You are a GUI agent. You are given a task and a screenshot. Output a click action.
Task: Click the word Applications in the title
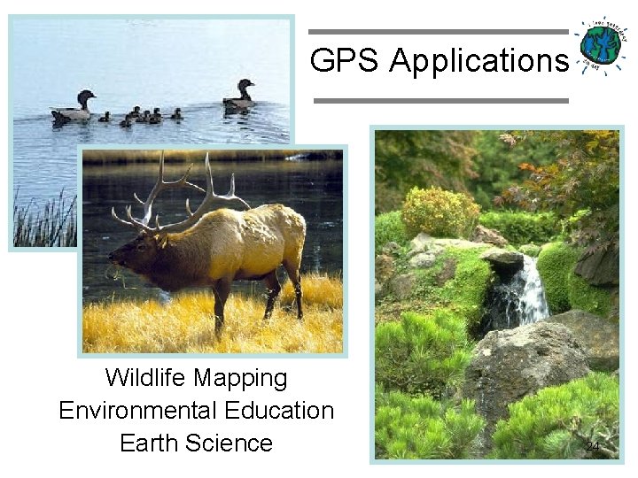pos(478,61)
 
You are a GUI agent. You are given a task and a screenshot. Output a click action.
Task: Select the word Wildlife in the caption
pos(146,378)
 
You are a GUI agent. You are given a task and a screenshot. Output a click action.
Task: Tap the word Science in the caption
pos(231,443)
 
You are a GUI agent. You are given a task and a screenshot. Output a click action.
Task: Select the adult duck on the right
pos(239,96)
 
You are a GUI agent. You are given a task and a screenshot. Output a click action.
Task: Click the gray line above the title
pos(440,32)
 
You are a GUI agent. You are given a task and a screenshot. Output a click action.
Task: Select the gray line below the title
pos(440,101)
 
